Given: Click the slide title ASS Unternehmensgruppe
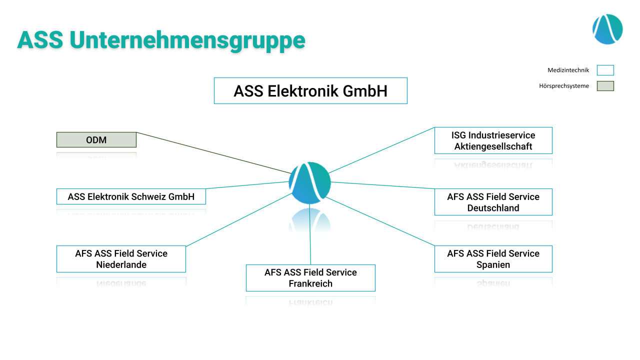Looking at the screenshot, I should point(161,40).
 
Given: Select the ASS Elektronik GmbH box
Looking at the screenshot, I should point(310,90).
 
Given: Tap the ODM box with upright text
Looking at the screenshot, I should point(96,140).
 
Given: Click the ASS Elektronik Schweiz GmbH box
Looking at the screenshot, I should point(131,196).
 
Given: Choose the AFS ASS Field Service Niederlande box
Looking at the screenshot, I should point(121,259).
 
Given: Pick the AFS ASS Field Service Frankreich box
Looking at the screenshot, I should point(310,278).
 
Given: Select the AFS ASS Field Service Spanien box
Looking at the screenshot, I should point(493,259).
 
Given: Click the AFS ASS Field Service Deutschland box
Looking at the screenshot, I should point(493,202).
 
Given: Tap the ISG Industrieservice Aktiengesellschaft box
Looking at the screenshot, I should point(493,140).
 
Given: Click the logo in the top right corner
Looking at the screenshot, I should point(607,29).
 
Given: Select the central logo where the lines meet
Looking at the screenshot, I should point(309,183).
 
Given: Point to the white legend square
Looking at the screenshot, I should point(605,70).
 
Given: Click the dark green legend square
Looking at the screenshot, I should point(605,86).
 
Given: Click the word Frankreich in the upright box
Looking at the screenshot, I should point(310,283).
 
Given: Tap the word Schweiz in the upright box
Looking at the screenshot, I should point(150,196).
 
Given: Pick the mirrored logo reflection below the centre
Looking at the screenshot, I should point(310,229).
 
